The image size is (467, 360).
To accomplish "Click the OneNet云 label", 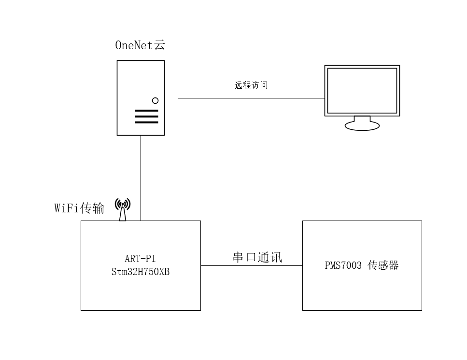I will tap(140, 45).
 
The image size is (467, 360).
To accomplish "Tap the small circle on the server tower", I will tap(155, 100).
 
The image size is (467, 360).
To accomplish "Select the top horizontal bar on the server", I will tap(146, 111).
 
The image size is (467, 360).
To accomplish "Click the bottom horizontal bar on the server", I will tap(146, 122).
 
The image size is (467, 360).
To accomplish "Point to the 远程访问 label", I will tap(251, 85).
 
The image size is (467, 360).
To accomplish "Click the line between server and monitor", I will tap(251, 98).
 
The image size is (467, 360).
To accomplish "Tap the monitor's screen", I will tap(362, 90).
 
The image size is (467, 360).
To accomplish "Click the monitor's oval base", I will tap(362, 126).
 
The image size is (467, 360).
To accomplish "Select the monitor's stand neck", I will tap(362, 119).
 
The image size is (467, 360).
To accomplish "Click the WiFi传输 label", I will tap(79, 208).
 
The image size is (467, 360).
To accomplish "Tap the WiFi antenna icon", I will tap(123, 209).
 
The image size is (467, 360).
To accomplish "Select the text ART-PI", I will tap(140, 259).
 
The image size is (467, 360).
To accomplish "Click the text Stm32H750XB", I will tap(140, 272).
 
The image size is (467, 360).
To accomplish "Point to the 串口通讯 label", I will tap(257, 257).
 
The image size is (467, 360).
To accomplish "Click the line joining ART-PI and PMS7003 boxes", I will tap(251, 265).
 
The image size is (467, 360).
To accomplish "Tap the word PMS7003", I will tap(343, 265).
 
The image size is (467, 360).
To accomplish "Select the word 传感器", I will tap(383, 265).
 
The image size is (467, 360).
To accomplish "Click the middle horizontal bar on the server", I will tap(146, 116).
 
